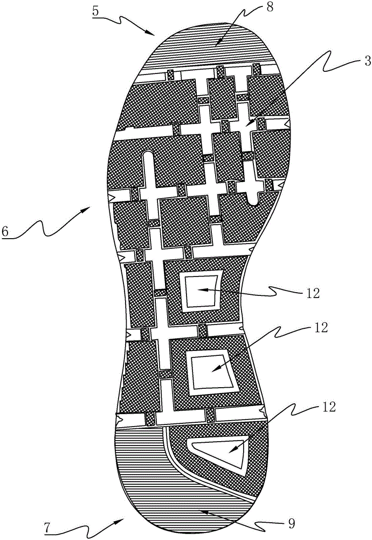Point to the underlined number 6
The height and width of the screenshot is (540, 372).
[5, 231]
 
